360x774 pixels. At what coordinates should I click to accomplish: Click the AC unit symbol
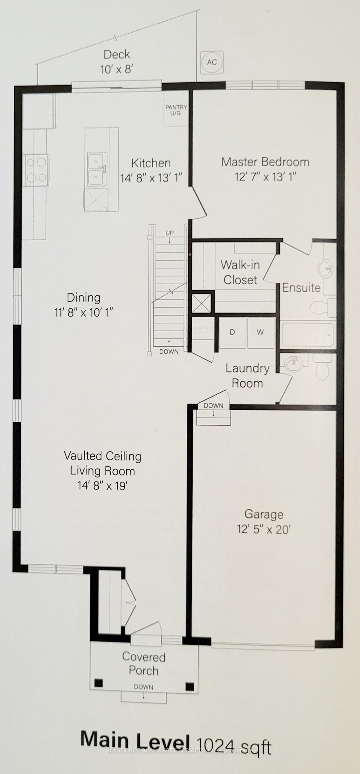212,62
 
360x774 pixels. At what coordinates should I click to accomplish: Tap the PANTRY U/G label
176,110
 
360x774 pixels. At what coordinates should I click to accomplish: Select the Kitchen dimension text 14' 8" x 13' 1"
151,178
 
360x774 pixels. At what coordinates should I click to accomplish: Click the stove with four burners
36,170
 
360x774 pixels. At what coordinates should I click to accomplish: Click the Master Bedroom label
265,162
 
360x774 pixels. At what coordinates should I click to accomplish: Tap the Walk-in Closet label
240,272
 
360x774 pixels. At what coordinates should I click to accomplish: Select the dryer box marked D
232,332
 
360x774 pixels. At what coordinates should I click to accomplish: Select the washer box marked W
260,332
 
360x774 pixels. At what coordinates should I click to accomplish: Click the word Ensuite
301,288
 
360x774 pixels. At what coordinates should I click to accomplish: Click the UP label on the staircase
169,233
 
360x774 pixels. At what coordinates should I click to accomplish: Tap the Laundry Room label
247,376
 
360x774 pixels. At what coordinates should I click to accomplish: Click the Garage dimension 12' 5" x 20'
263,529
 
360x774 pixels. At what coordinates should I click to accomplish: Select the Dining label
83,297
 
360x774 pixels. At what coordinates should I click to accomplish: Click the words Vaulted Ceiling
102,456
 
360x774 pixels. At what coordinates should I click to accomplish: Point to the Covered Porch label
143,664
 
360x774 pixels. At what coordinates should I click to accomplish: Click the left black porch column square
98,683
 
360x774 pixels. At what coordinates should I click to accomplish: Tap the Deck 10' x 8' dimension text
117,69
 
